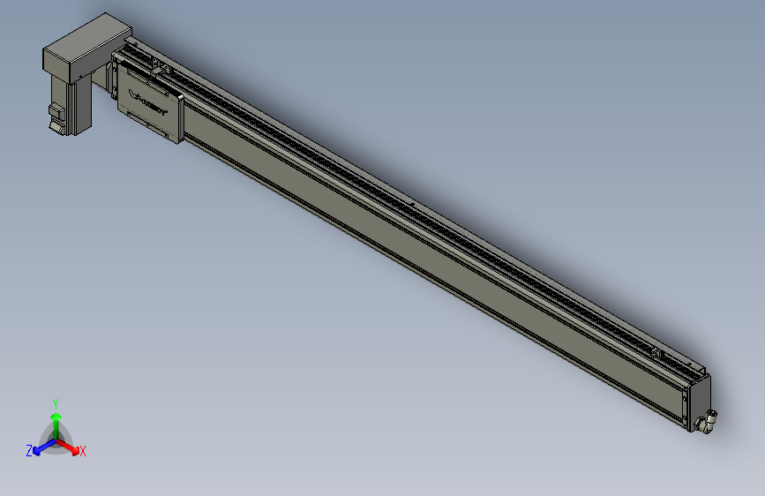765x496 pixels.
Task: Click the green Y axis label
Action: [x=56, y=402]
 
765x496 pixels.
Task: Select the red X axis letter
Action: [x=83, y=452]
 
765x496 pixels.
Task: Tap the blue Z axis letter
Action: [x=29, y=450]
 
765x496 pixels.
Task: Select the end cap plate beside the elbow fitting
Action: [x=697, y=402]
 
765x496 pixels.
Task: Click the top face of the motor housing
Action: [x=86, y=41]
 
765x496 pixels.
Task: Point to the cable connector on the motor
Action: [x=56, y=118]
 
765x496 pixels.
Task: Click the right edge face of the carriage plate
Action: [x=181, y=118]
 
